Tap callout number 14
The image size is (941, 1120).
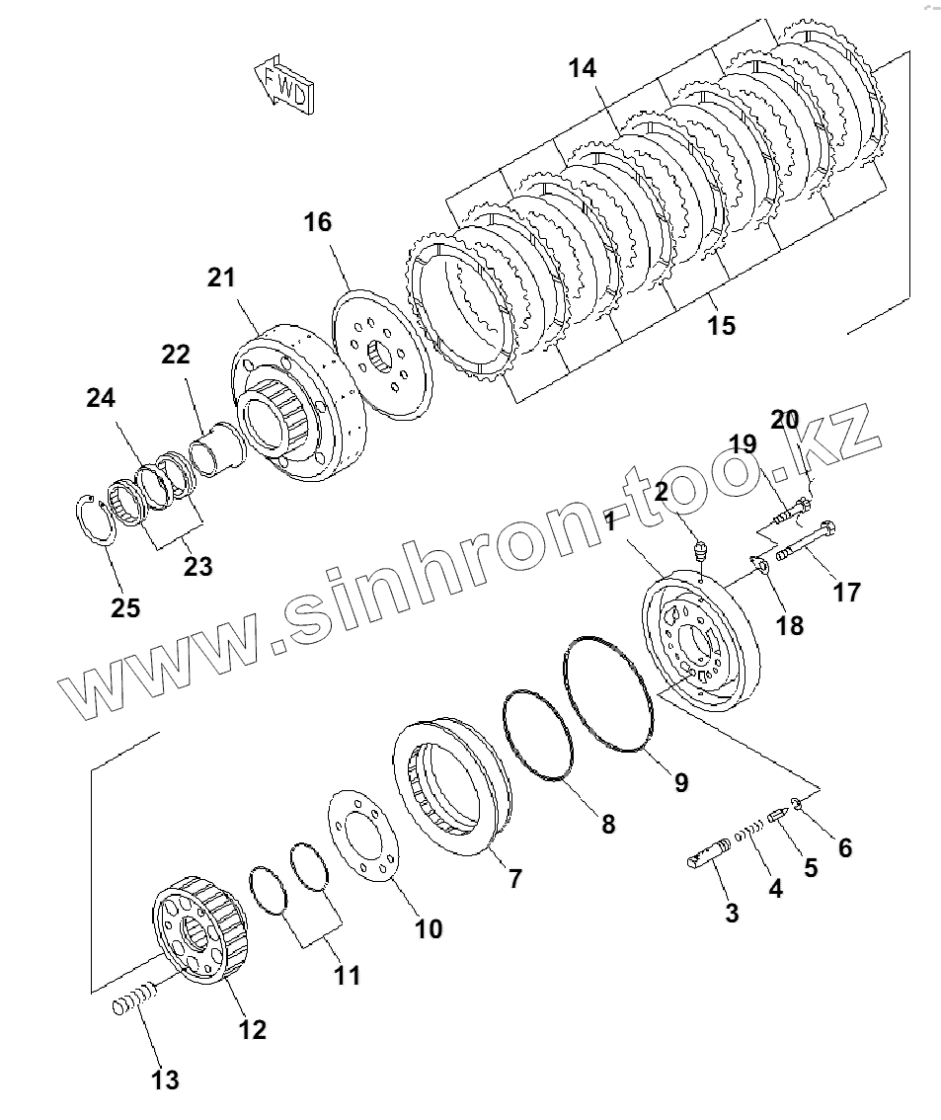click(583, 68)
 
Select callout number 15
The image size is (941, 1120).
click(722, 324)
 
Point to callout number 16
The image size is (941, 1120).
click(318, 222)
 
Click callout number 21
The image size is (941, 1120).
click(222, 278)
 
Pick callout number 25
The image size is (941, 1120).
click(125, 607)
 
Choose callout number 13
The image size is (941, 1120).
click(166, 1080)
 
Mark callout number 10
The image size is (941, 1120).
click(429, 928)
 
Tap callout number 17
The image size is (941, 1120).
click(847, 592)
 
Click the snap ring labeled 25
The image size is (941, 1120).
click(97, 519)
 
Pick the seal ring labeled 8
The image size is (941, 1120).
click(539, 736)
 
